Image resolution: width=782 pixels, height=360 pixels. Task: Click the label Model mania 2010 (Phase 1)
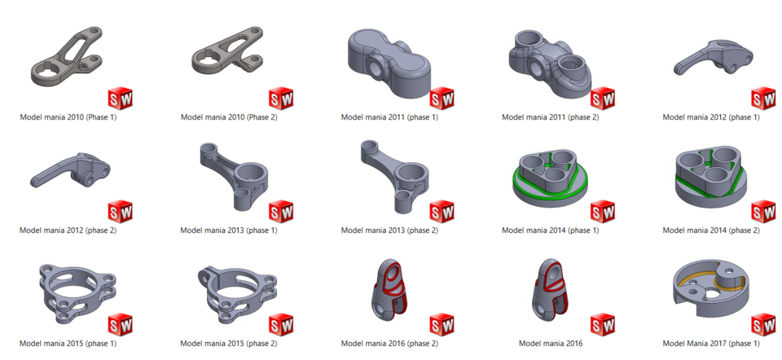point(68,117)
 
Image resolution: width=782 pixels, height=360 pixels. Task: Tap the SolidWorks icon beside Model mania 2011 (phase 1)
point(442,99)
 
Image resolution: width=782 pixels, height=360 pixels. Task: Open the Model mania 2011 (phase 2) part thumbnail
point(550,62)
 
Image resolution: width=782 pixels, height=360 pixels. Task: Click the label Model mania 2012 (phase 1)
point(711,117)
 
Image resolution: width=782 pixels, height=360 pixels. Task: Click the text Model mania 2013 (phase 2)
point(389,230)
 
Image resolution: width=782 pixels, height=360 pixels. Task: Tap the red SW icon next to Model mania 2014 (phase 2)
point(763,212)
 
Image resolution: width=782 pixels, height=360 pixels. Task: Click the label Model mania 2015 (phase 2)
point(229,344)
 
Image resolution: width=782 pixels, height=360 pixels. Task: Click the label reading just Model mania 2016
point(551,344)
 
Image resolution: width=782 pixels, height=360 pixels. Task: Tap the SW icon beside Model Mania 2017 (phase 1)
point(763,324)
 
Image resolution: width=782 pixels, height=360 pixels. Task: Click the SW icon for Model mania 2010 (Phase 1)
point(120,99)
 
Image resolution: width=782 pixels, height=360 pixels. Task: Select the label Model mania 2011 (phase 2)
point(551,117)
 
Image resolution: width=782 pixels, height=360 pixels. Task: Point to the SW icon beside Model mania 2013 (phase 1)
point(280,212)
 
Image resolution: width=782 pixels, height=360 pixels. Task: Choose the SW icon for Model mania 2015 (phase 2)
point(280,324)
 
